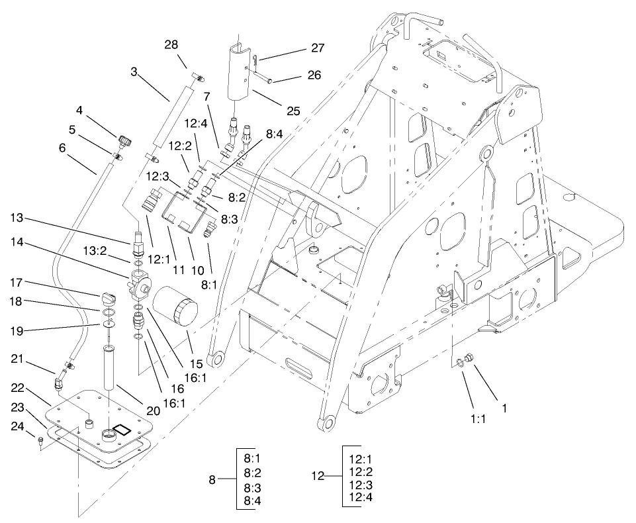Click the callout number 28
pos(171,44)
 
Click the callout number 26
pos(314,75)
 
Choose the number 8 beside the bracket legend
pos(212,479)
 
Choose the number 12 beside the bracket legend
pos(318,475)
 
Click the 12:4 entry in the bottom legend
pos(361,497)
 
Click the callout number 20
pos(153,410)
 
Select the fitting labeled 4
pos(124,140)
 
